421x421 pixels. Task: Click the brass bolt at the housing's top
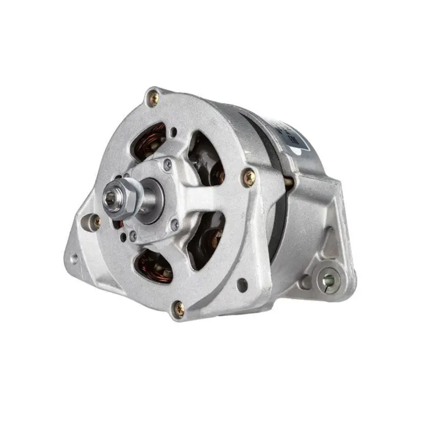coord(153,97)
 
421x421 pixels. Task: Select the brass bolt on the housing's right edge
coord(248,177)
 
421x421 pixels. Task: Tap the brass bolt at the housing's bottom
coord(179,309)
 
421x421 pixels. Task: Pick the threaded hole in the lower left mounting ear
coord(74,258)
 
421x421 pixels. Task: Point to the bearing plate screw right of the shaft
coord(174,225)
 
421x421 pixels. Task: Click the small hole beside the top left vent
coord(174,132)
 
